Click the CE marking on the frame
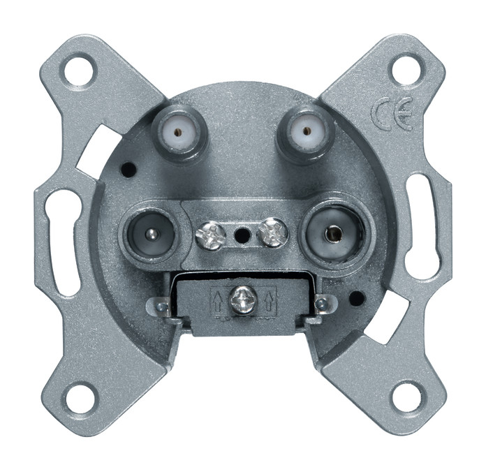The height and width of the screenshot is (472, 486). [x=392, y=113]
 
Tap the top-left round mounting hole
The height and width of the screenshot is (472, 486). [x=79, y=70]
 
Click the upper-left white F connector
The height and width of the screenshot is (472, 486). [x=177, y=133]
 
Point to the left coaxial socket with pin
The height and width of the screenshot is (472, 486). [x=149, y=233]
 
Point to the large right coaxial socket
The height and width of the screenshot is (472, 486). [x=335, y=235]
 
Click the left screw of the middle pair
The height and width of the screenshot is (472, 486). [x=210, y=235]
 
